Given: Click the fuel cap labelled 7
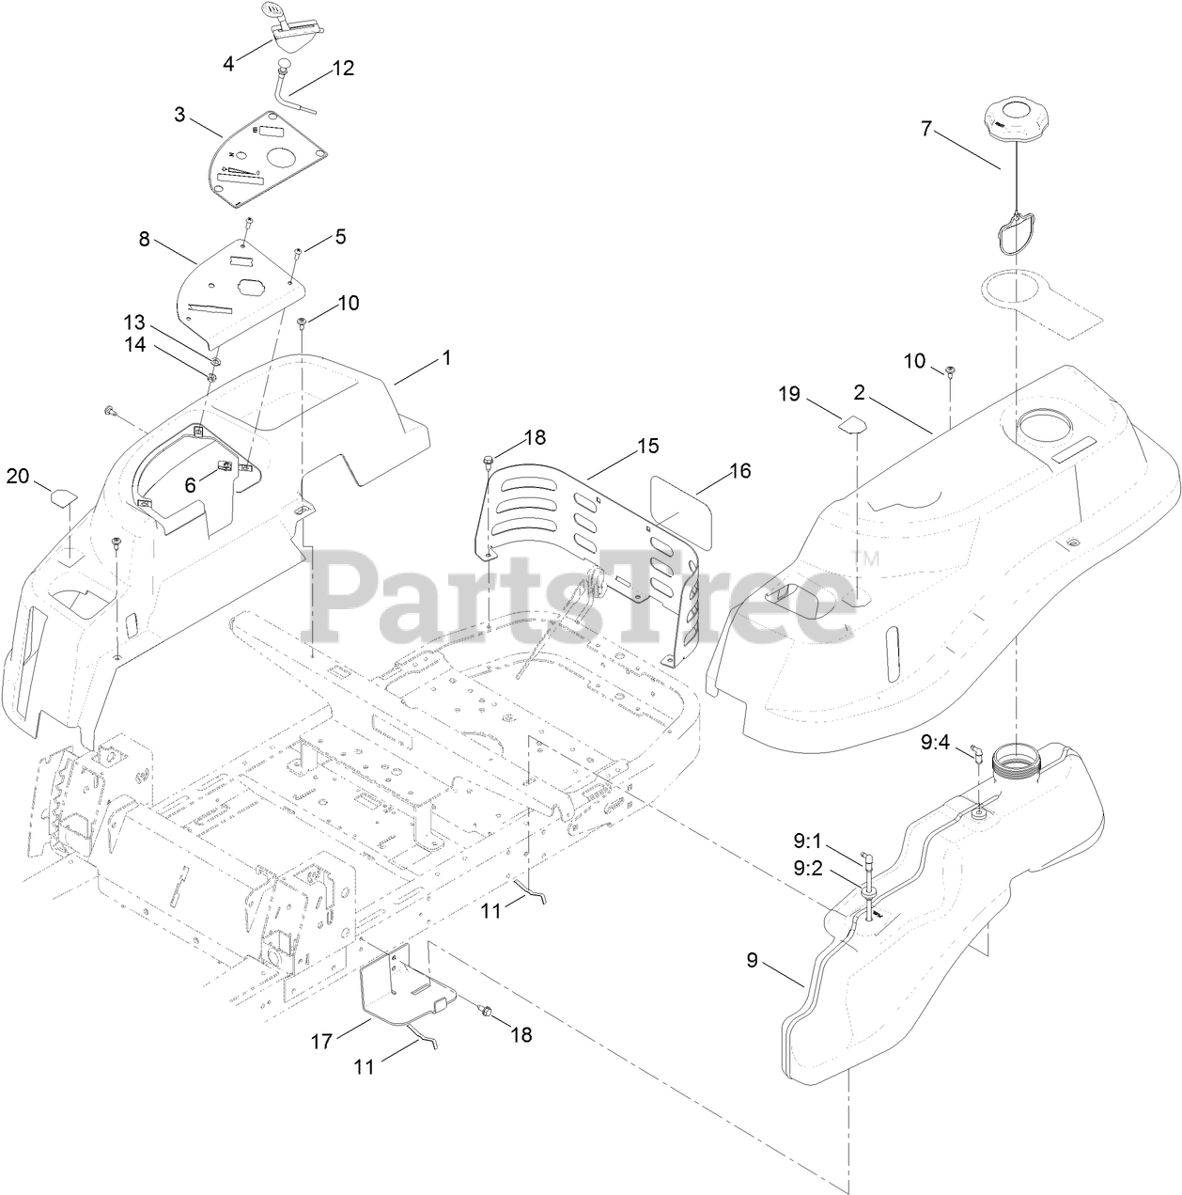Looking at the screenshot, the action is point(1016,122).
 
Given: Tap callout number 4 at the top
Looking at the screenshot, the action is point(228,63).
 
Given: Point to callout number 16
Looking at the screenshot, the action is point(740,470).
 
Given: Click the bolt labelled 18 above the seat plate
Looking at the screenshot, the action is point(487,461).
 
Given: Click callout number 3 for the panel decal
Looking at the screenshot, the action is point(179,116).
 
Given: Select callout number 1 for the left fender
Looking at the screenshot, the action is point(447,358).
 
